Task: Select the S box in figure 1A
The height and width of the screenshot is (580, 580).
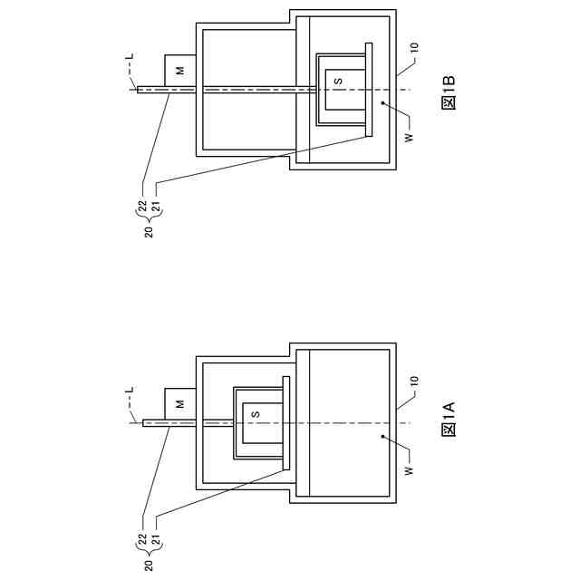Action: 256,414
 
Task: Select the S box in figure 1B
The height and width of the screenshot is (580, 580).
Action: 338,81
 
